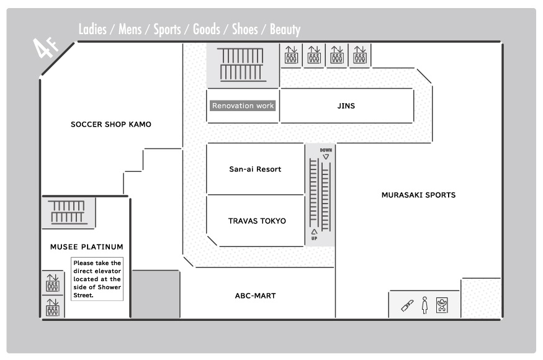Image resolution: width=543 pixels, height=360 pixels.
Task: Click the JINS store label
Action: (x=346, y=106)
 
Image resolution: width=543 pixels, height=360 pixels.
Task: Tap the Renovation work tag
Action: (x=243, y=106)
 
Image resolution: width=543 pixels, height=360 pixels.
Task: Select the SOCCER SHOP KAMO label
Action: (x=111, y=124)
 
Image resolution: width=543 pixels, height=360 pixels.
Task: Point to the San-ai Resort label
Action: (x=255, y=169)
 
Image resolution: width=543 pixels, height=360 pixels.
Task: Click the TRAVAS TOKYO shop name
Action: (x=257, y=221)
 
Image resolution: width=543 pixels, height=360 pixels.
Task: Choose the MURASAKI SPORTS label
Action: (x=418, y=195)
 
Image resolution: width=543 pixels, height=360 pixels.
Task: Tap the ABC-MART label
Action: (x=255, y=296)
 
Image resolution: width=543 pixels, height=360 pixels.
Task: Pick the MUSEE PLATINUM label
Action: (x=87, y=247)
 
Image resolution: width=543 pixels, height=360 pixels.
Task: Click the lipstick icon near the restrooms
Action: (x=407, y=305)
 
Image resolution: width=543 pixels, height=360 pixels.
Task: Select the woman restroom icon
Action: (x=425, y=305)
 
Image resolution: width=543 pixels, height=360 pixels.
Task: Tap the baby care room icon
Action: (x=442, y=305)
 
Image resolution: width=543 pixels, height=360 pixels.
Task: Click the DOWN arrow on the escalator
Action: (x=326, y=157)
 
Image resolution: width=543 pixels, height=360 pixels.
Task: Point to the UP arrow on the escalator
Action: (x=314, y=232)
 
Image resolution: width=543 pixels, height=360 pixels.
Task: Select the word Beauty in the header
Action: (x=285, y=29)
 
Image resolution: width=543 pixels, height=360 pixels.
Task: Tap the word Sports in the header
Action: (x=167, y=29)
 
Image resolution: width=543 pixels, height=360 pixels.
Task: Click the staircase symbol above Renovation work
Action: (x=242, y=65)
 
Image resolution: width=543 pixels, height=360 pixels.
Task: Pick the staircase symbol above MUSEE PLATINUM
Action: (x=68, y=212)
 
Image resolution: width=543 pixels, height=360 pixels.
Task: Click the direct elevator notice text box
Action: (x=97, y=279)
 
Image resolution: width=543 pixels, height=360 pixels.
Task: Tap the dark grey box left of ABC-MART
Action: (x=156, y=294)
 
